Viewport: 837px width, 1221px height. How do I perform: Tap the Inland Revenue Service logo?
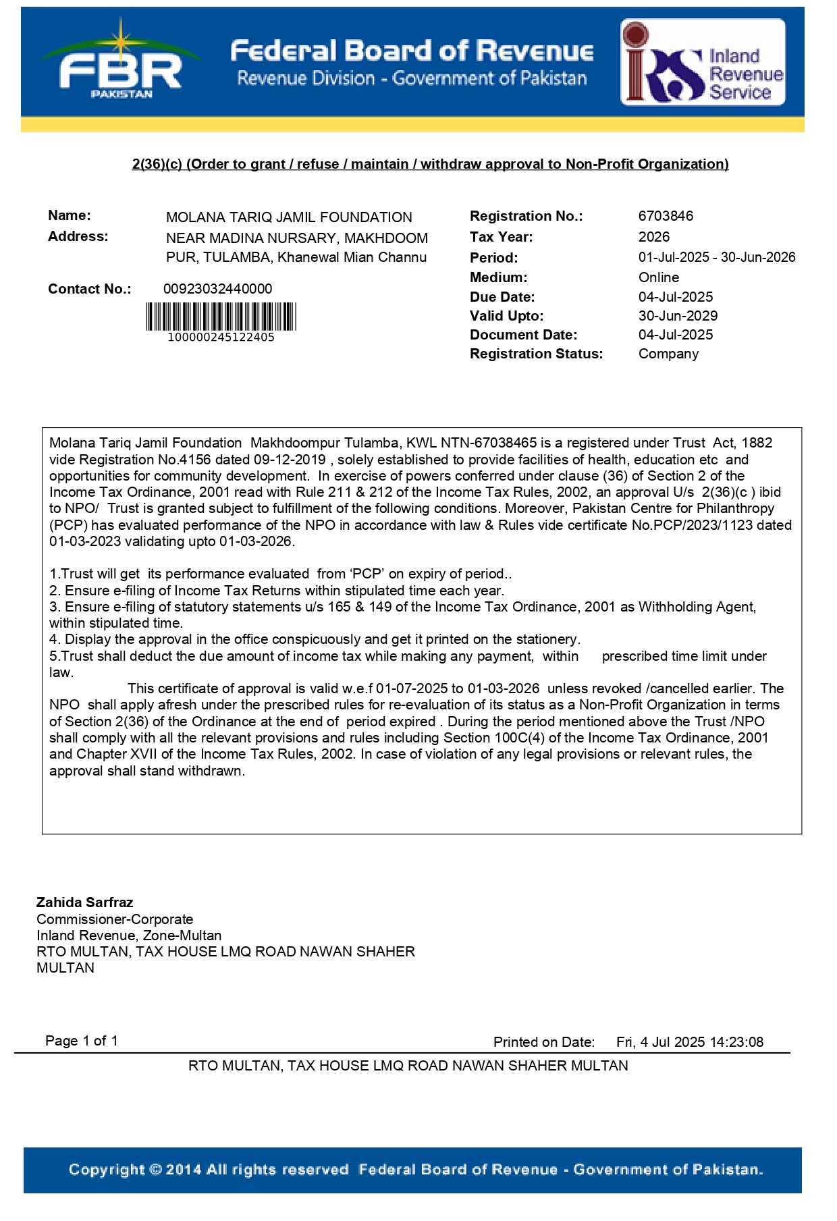coord(703,63)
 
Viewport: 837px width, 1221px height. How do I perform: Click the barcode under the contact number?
coord(221,317)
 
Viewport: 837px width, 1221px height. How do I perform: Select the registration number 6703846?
coord(666,216)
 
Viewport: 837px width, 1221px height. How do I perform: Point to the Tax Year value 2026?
coord(653,237)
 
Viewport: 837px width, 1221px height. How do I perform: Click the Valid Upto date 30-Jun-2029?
coord(678,316)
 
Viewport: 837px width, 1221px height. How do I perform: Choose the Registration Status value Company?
coord(668,354)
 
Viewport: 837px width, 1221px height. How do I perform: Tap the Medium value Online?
coord(658,277)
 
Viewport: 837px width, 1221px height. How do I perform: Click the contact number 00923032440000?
coord(217,289)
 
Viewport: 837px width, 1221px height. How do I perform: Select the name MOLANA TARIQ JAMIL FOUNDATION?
coord(289,217)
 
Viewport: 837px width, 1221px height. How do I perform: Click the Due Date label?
coord(502,297)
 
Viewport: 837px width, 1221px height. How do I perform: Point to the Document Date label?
coord(523,335)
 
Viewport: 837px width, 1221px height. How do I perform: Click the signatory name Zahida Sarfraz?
coord(84,902)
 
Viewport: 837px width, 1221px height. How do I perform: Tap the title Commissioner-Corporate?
coord(115,919)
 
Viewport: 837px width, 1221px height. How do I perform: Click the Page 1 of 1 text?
coord(82,1041)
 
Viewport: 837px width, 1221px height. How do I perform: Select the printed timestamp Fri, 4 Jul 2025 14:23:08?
coord(689,1042)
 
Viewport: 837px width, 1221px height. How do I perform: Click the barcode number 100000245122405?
coord(221,337)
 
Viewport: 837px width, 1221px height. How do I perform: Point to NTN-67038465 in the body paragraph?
coord(488,443)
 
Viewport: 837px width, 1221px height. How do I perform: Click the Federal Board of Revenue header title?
coord(412,51)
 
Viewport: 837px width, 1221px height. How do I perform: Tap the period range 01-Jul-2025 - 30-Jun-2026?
coord(717,257)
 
